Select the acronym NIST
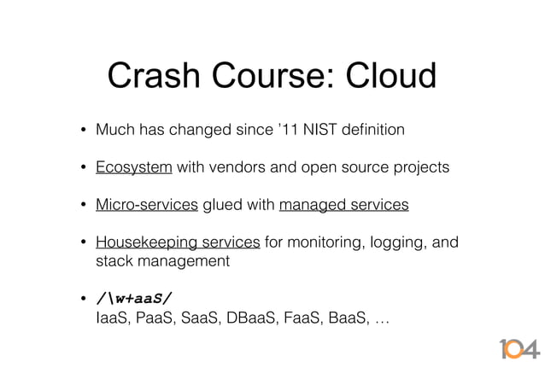click(x=320, y=131)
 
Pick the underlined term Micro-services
click(x=147, y=205)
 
